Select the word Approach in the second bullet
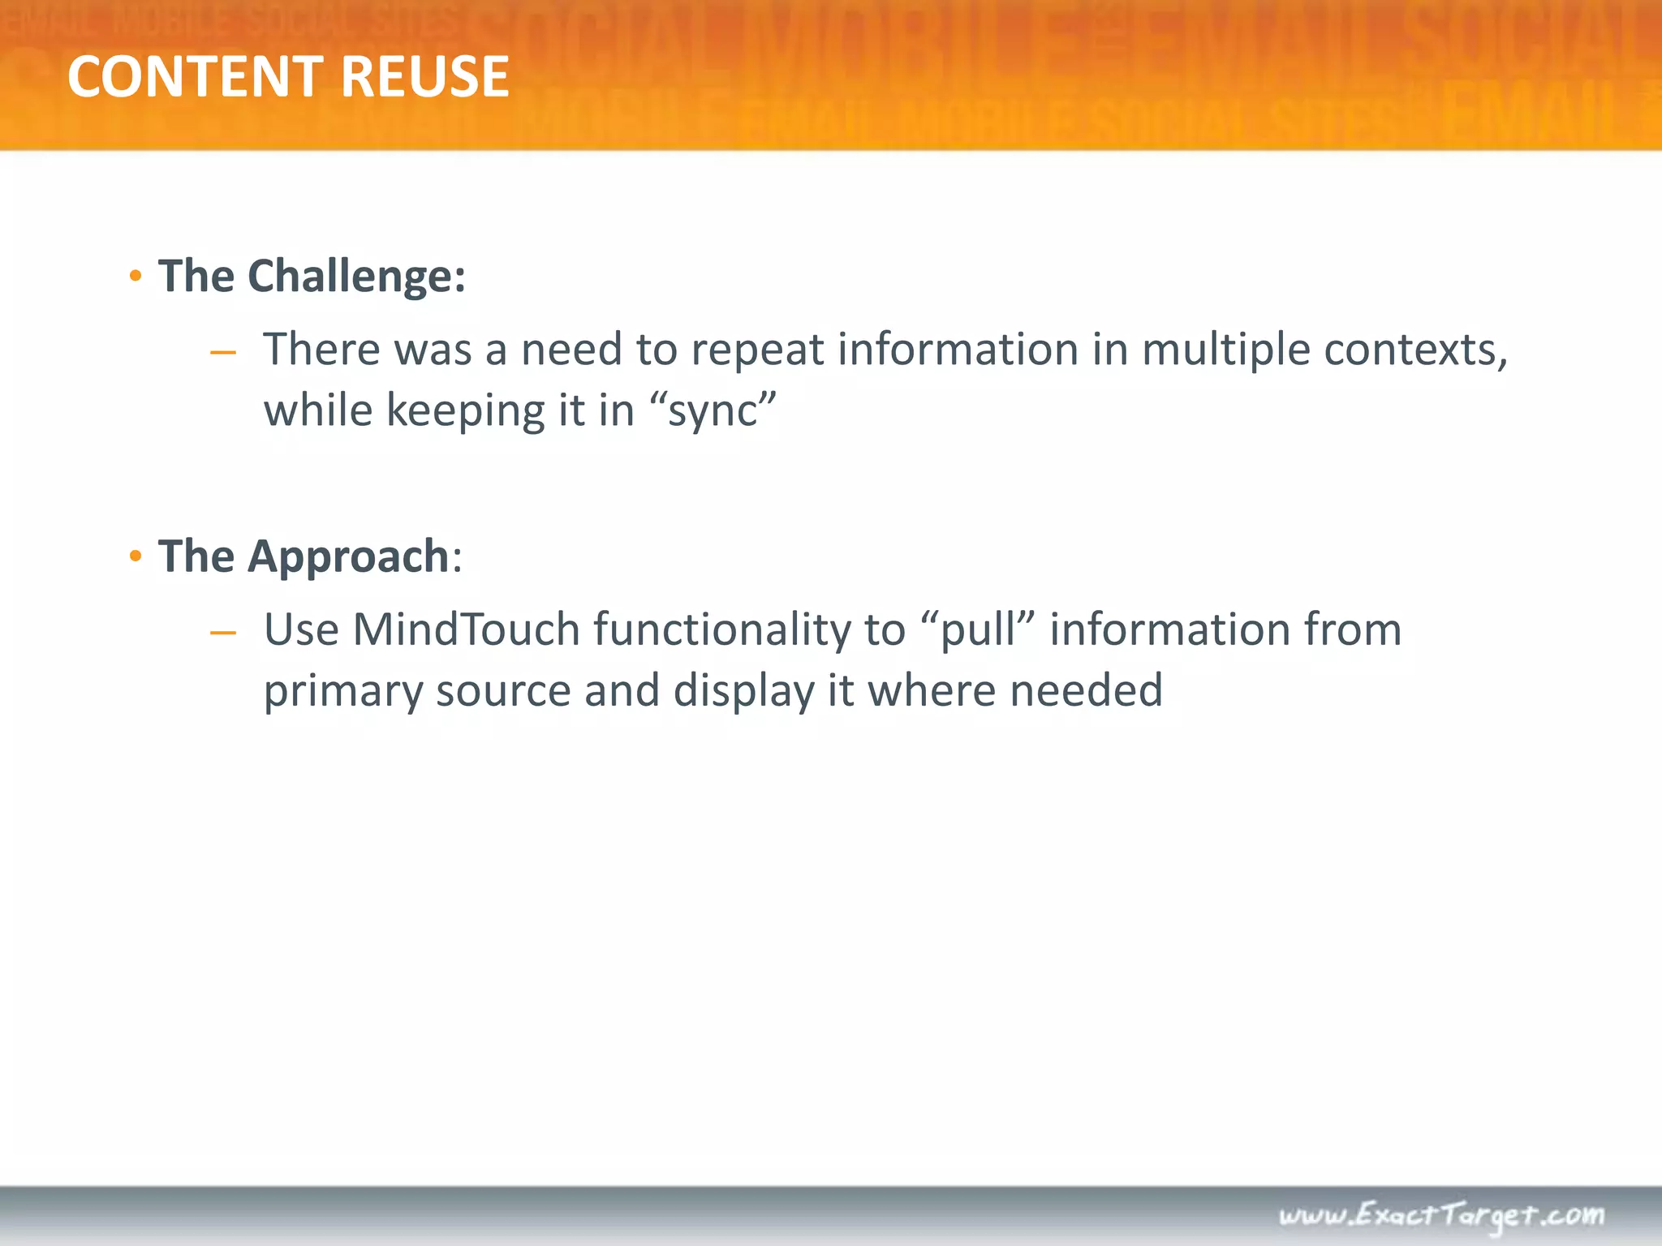[348, 556]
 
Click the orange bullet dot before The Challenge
[136, 277]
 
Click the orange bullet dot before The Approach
[136, 557]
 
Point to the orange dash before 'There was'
[222, 353]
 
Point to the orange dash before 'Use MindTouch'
[222, 633]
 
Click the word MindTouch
[466, 630]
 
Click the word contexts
[1415, 350]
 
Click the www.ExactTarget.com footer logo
[1441, 1215]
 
